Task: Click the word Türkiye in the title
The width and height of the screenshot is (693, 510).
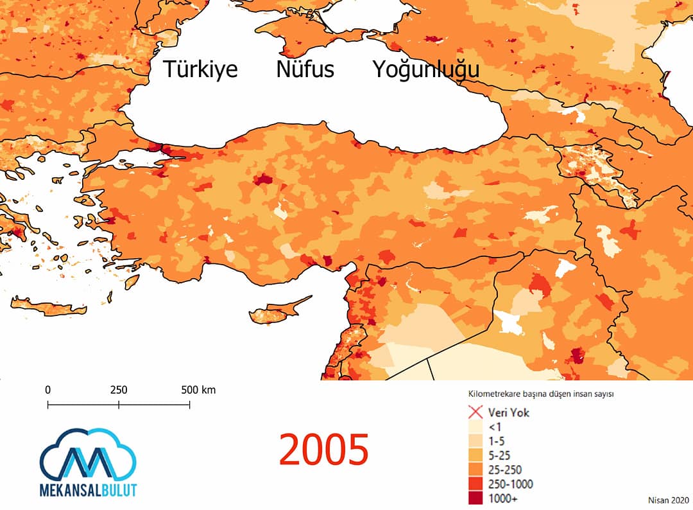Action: (200, 69)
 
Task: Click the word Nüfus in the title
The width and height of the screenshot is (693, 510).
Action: (305, 69)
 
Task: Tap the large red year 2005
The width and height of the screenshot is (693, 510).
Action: (323, 449)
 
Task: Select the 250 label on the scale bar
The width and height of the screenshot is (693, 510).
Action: (119, 390)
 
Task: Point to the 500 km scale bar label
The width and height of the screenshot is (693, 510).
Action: (198, 390)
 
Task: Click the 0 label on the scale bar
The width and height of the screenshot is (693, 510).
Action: (48, 390)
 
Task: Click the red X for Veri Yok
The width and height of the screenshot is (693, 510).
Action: (476, 412)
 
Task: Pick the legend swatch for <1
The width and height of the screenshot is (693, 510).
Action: (476, 426)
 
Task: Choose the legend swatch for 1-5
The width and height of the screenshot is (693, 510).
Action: (476, 440)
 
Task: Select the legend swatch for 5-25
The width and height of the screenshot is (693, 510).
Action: (476, 455)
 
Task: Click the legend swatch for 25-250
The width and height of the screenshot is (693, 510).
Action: (476, 469)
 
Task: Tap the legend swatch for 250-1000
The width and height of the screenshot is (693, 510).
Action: (476, 483)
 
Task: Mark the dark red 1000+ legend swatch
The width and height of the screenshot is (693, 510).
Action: (476, 497)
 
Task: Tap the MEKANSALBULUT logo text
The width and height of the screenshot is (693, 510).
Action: (88, 489)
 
